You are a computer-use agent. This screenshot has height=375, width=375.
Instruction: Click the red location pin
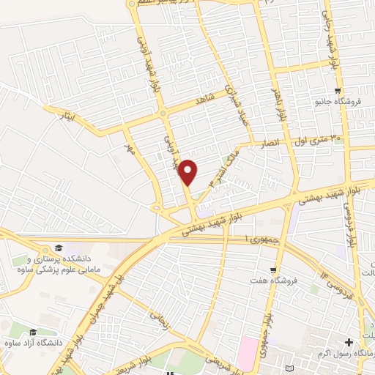pos(189,172)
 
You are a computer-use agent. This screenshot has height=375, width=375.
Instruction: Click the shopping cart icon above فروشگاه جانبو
pos(337,92)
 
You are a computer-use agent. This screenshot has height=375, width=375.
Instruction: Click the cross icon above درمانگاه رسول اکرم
pos(349,342)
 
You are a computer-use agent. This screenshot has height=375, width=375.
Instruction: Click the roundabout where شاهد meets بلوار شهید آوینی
pos(163,114)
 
